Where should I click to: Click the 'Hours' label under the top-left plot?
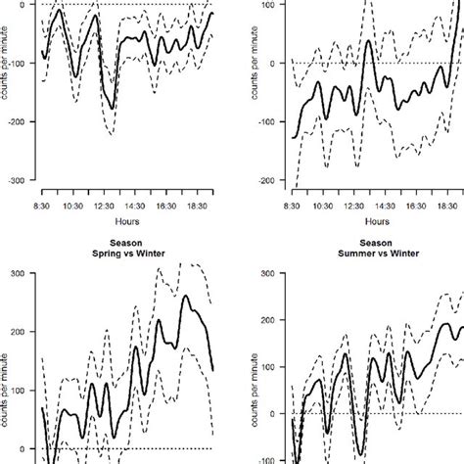(127, 222)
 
